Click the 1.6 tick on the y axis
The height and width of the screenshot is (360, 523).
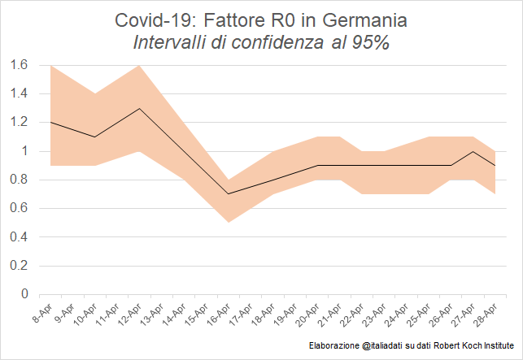[x=19, y=65]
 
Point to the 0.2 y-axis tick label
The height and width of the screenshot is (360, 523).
[x=19, y=266]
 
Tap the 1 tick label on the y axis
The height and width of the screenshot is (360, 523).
[x=24, y=151]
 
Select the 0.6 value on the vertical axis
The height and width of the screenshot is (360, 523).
[x=19, y=208]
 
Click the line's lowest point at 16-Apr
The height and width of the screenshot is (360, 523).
[x=228, y=194]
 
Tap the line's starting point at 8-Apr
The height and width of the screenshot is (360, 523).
[x=51, y=123]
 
